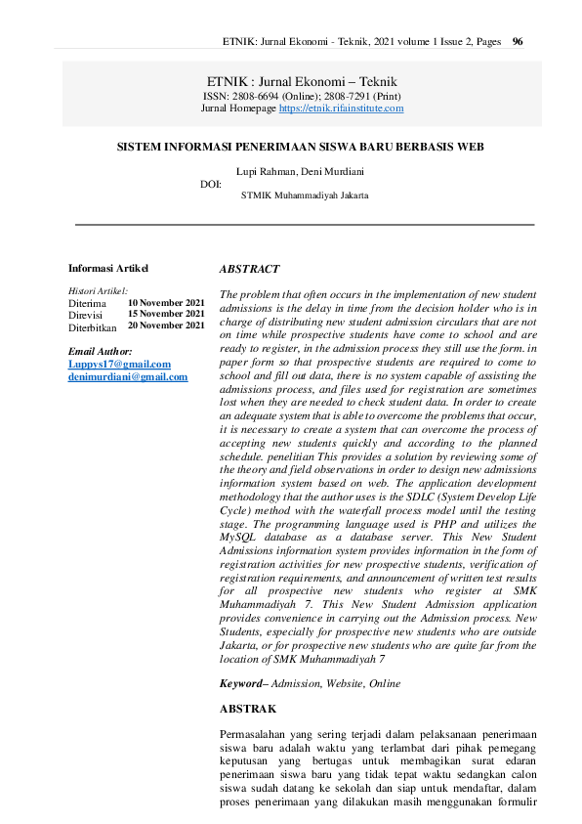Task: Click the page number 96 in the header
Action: [x=518, y=42]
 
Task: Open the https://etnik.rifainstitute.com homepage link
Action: [x=341, y=108]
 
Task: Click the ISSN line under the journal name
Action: [x=302, y=96]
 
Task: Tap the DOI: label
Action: [x=210, y=183]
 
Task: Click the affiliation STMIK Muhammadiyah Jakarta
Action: [x=305, y=195]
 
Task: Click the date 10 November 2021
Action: [x=166, y=303]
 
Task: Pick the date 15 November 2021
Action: [x=166, y=314]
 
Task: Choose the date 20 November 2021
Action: [x=166, y=325]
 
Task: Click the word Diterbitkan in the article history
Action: [x=93, y=328]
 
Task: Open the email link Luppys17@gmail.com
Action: [x=119, y=365]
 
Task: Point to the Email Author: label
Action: [x=101, y=351]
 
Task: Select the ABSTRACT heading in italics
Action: [x=249, y=269]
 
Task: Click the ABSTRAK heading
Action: [x=248, y=708]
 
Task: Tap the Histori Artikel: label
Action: [x=99, y=291]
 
